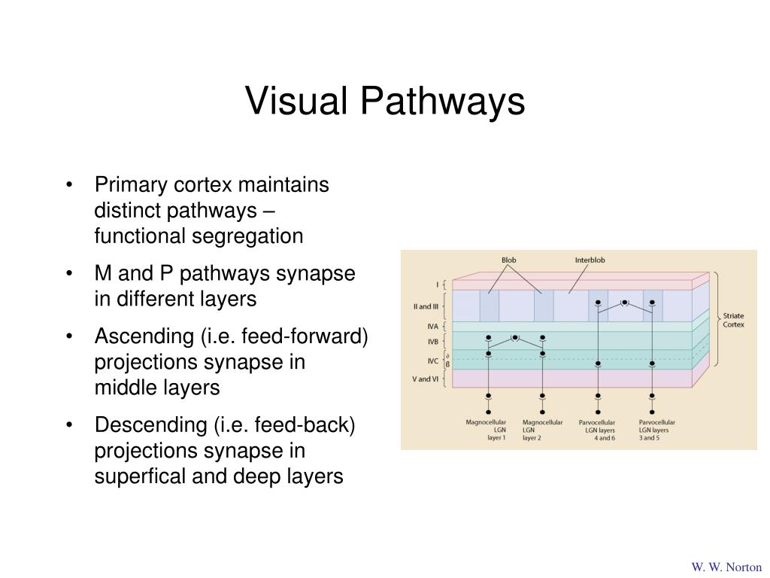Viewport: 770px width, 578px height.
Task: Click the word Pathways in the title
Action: coord(442,102)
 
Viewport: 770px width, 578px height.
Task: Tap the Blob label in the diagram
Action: coord(509,260)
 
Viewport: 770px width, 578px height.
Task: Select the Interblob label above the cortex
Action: coord(590,260)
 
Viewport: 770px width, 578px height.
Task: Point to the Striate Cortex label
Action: coord(733,320)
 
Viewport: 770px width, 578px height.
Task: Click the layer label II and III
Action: coord(426,306)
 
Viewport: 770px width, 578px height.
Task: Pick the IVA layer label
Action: coord(432,327)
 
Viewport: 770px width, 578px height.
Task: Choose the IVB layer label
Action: coord(432,342)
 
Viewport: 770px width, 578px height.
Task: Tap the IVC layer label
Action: coord(432,361)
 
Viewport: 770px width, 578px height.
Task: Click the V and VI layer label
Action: coord(426,379)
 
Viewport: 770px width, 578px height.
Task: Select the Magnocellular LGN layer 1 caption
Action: coord(486,430)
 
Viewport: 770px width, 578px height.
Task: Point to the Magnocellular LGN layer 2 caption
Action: coord(542,430)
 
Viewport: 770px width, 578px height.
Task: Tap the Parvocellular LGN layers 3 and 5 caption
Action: coord(657,430)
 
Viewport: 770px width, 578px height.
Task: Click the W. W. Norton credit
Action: coord(726,567)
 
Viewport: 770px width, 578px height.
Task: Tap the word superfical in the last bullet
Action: coord(140,476)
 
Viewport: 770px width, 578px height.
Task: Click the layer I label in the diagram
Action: coord(437,284)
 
